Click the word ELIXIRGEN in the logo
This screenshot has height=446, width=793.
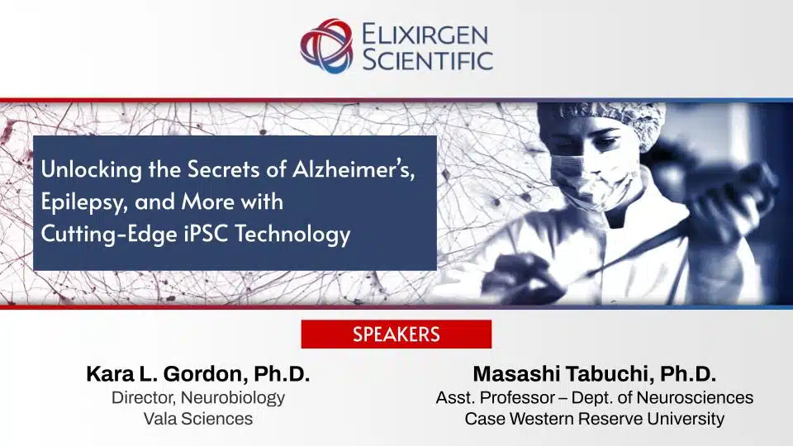coord(426,35)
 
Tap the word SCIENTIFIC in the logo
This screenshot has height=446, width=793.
coord(428,59)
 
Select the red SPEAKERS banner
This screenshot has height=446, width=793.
coord(396,334)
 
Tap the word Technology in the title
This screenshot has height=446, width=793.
coord(294,235)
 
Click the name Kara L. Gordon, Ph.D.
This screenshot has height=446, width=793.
coord(197,374)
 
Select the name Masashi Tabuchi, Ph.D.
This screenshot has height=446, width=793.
coord(594,374)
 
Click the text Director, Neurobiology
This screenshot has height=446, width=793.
coord(197,397)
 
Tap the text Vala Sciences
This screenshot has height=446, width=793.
coord(197,419)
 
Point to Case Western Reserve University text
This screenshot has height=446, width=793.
coord(594,419)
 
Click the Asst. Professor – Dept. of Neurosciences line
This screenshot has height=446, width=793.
coord(594,397)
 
